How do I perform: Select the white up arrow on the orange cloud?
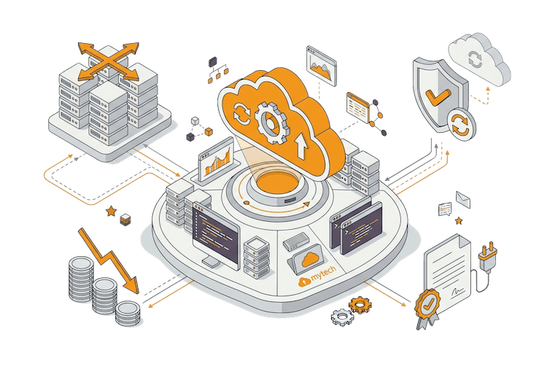tap(302, 147)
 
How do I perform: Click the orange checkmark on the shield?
tap(438, 96)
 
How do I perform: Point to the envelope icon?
tap(463, 199)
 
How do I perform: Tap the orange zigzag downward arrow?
tap(108, 260)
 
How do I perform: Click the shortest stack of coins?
tap(128, 313)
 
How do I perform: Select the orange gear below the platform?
tap(360, 305)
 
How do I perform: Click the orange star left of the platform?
tap(111, 211)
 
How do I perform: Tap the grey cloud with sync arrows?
tap(479, 59)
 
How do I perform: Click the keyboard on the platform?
tap(296, 242)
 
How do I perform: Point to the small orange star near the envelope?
tap(459, 220)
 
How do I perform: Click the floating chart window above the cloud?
tap(322, 66)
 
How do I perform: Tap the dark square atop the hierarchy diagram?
tap(212, 62)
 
